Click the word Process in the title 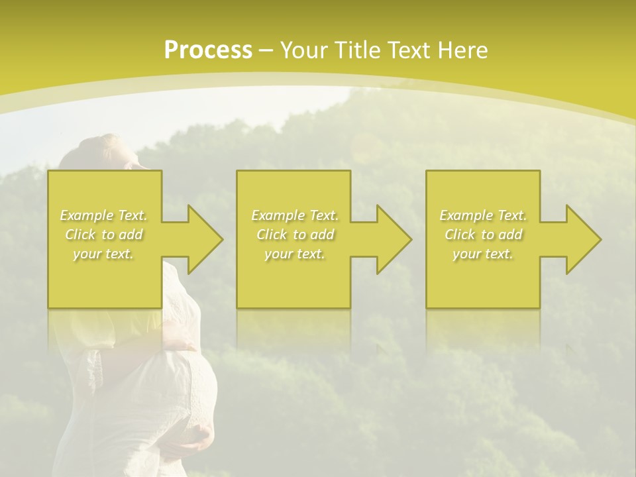pyautogui.click(x=208, y=50)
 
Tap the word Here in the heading pyautogui.click(x=462, y=50)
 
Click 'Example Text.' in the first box pyautogui.click(x=104, y=215)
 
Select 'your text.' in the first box pyautogui.click(x=104, y=254)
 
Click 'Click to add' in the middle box pyautogui.click(x=295, y=235)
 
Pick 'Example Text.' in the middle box pyautogui.click(x=295, y=215)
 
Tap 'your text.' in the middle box pyautogui.click(x=295, y=254)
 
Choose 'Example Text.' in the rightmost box pyautogui.click(x=483, y=215)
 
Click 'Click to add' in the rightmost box pyautogui.click(x=483, y=235)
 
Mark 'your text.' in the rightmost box pyautogui.click(x=483, y=254)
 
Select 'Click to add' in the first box pyautogui.click(x=104, y=235)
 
